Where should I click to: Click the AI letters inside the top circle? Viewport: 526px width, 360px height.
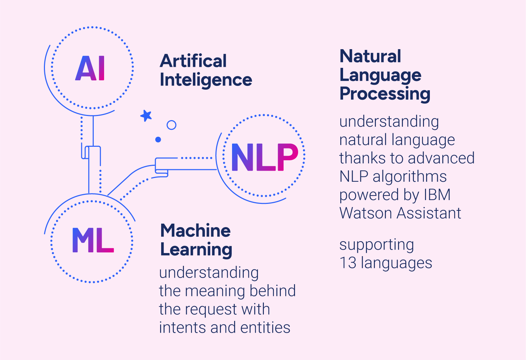pos(90,68)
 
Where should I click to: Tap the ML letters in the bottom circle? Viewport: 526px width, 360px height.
pos(93,240)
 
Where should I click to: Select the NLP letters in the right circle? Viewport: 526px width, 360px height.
pos(264,157)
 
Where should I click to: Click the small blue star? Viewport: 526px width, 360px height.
pos(146,116)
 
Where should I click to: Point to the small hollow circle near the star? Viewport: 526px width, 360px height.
pos(171,125)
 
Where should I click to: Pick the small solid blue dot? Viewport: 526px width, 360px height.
pos(158,139)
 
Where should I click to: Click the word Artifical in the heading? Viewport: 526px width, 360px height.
pos(193,61)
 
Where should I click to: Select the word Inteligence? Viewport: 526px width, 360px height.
pos(206,80)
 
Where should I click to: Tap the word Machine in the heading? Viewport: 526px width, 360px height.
pos(195,231)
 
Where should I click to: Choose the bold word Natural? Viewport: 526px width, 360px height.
pos(370,56)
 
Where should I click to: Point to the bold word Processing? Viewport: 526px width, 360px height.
pos(385,94)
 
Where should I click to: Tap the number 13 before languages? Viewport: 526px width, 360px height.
pos(348,263)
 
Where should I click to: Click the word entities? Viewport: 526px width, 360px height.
pos(265,327)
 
